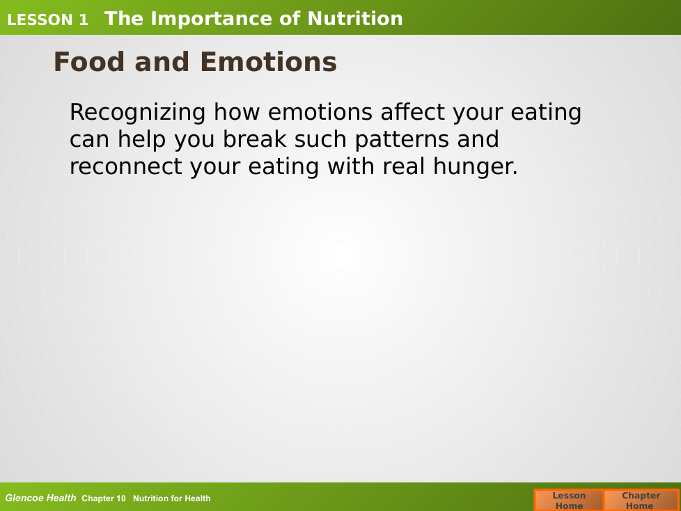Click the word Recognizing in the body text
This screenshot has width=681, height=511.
click(138, 113)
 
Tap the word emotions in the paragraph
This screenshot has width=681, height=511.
click(320, 112)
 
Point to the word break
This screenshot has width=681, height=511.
click(254, 139)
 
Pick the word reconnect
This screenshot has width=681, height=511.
click(126, 166)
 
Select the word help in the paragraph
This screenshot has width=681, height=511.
click(141, 140)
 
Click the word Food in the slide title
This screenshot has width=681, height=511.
click(88, 62)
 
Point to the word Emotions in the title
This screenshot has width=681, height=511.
click(268, 62)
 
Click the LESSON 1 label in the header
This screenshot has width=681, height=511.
click(47, 20)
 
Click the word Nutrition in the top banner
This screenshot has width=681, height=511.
click(355, 19)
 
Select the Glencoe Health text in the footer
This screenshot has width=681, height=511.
click(40, 498)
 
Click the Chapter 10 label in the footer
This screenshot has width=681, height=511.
click(103, 498)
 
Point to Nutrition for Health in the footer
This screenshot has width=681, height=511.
click(171, 498)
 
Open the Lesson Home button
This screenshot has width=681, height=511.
click(569, 500)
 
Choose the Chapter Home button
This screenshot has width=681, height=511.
click(641, 500)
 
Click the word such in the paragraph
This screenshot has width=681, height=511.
click(320, 139)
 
